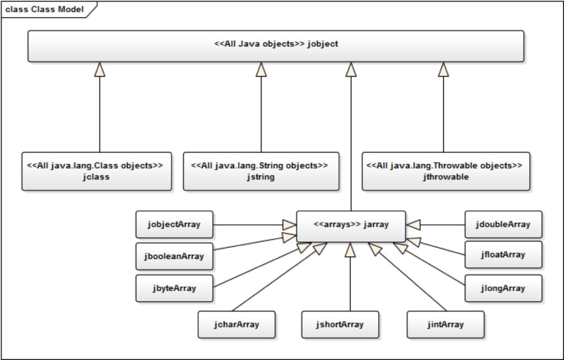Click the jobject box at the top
pyautogui.click(x=276, y=46)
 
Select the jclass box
pyautogui.click(x=96, y=171)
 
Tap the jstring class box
pyautogui.click(x=261, y=171)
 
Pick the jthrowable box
pyautogui.click(x=446, y=171)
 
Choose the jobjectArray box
pyautogui.click(x=174, y=225)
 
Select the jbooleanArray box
pyautogui.click(x=174, y=257)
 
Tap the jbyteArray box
pyautogui.click(x=174, y=288)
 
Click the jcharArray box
pyautogui.click(x=236, y=324)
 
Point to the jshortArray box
pyautogui.click(x=340, y=324)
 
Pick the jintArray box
pyautogui.click(x=446, y=324)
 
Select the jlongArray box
pyautogui.click(x=503, y=288)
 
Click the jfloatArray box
pyautogui.click(x=503, y=255)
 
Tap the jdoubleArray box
pyautogui.click(x=503, y=225)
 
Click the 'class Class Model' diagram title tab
pyautogui.click(x=46, y=9)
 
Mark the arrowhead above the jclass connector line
pyautogui.click(x=100, y=69)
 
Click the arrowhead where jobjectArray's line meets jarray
pyautogui.click(x=290, y=225)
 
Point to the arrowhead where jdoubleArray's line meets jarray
pyautogui.click(x=413, y=225)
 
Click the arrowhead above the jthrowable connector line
pyautogui.click(x=443, y=69)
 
